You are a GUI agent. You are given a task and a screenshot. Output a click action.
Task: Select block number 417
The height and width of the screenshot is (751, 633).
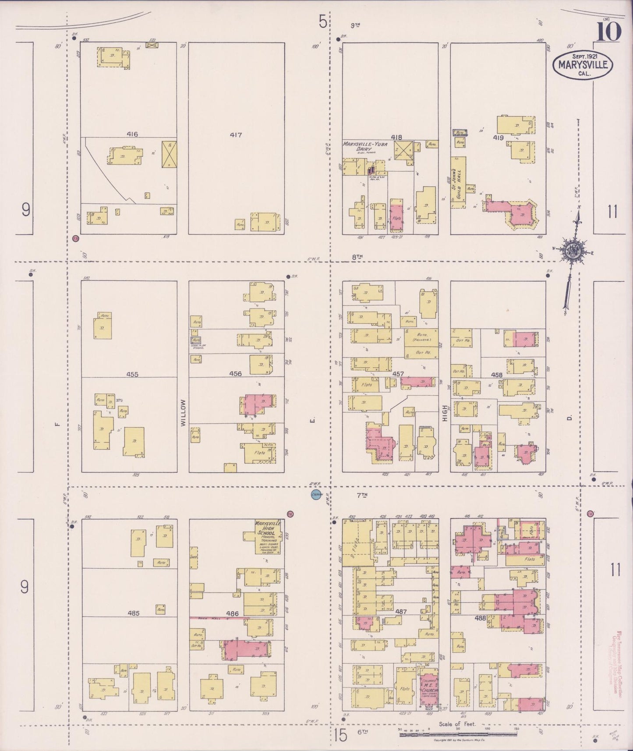pos(236,135)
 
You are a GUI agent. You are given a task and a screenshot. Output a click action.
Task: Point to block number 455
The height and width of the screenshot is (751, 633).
pos(132,374)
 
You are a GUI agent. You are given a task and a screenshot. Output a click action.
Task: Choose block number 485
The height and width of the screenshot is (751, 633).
pos(133,613)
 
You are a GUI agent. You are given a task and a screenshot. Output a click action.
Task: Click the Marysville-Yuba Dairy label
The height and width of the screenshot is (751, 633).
pos(365,146)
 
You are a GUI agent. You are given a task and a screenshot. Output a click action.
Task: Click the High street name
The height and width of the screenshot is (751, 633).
pos(444,412)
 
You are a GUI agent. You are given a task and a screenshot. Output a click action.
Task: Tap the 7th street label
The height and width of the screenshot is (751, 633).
pos(361,495)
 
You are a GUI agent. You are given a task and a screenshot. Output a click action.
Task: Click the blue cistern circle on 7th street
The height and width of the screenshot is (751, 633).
pos(316,495)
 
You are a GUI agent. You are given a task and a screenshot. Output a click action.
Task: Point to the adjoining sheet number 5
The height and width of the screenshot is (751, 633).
pos(323,21)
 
